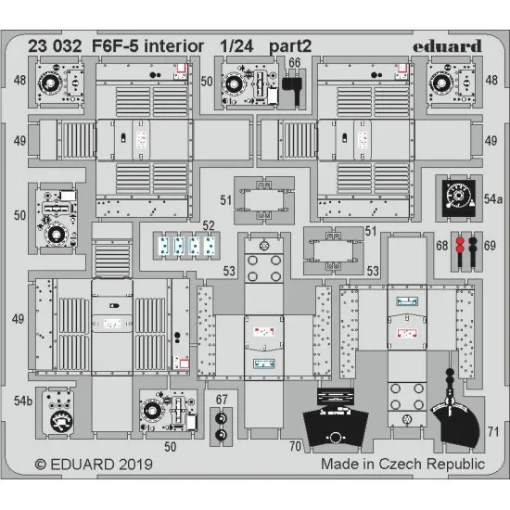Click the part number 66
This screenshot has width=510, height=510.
click(294, 64)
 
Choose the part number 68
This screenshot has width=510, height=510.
click(442, 246)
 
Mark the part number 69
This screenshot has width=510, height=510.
click(491, 246)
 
